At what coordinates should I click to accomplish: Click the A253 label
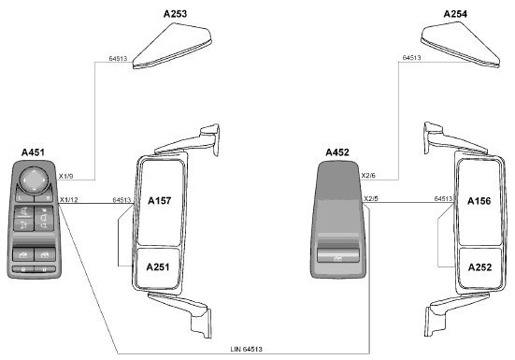tap(175, 14)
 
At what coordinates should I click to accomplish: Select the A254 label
tap(455, 14)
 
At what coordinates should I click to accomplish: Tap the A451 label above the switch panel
tap(33, 152)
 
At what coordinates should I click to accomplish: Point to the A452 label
tap(337, 152)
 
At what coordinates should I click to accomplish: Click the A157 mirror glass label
tap(160, 201)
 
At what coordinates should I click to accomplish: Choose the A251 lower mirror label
tap(158, 267)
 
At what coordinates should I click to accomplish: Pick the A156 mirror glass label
tap(479, 201)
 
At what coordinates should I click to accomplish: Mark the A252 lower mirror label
tap(479, 267)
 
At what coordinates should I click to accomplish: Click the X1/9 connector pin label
tap(66, 177)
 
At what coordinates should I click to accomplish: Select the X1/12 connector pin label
tap(69, 200)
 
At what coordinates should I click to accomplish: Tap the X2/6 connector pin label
tap(368, 176)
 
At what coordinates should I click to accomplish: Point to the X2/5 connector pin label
tap(371, 199)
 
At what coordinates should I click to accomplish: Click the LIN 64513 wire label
tap(247, 349)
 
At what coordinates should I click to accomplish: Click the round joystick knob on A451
tap(34, 180)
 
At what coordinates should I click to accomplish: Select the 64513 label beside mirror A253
tap(118, 59)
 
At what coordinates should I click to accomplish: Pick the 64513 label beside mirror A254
tap(412, 58)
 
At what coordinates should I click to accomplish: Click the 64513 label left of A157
tap(122, 200)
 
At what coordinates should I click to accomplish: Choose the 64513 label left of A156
tap(443, 199)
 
